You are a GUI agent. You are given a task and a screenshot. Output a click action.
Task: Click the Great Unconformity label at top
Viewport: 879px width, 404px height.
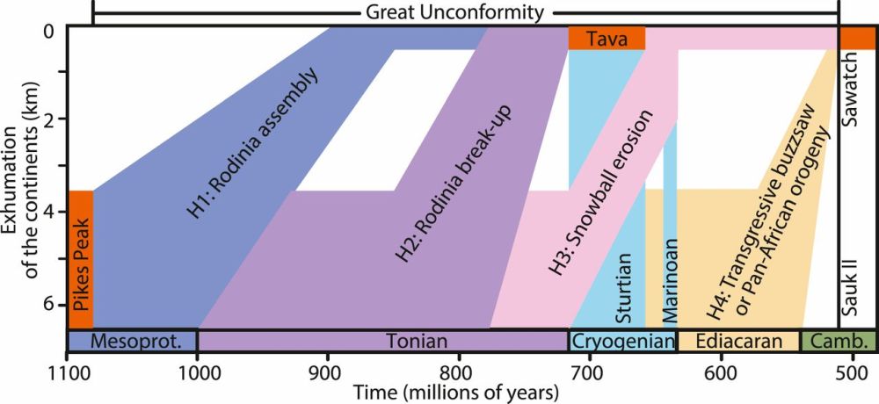point(454,12)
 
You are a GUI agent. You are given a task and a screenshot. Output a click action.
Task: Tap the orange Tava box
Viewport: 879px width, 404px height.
point(607,39)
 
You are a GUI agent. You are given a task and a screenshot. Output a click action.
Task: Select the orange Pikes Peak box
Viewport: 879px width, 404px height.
point(80,260)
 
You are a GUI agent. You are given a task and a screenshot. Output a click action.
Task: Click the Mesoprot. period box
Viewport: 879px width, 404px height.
point(132,341)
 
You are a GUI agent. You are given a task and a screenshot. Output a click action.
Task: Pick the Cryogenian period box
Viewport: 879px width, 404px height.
point(622,341)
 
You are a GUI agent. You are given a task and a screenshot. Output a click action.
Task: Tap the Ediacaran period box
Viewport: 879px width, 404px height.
point(737,341)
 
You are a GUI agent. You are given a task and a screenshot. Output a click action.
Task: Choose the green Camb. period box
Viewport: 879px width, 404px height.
point(839,341)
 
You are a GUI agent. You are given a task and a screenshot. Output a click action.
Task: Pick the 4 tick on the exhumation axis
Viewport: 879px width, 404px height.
point(49,211)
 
